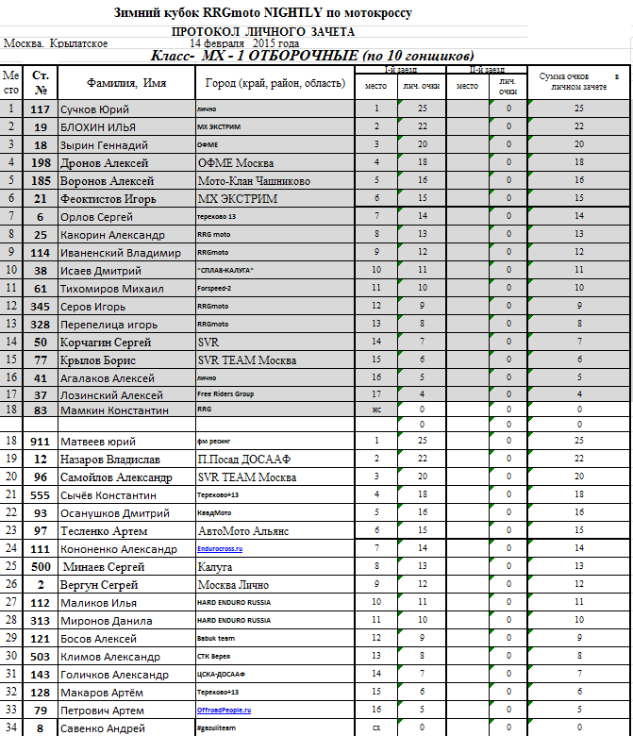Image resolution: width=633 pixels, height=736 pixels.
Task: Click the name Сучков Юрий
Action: point(94,109)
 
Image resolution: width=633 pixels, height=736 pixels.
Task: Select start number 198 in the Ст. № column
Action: point(41,163)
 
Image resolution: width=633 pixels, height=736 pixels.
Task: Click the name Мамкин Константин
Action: point(114,411)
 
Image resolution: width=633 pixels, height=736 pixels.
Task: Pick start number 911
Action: point(41,441)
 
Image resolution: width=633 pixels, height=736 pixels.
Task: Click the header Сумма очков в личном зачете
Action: point(578,81)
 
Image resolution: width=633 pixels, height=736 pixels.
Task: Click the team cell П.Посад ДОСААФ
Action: point(250,460)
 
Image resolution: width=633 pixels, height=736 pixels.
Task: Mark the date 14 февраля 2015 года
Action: point(244,43)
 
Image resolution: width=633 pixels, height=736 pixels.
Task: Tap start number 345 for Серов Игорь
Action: point(41,307)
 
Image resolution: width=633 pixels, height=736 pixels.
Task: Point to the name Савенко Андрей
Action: point(105,728)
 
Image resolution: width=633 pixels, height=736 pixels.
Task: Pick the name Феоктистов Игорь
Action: point(108,199)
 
